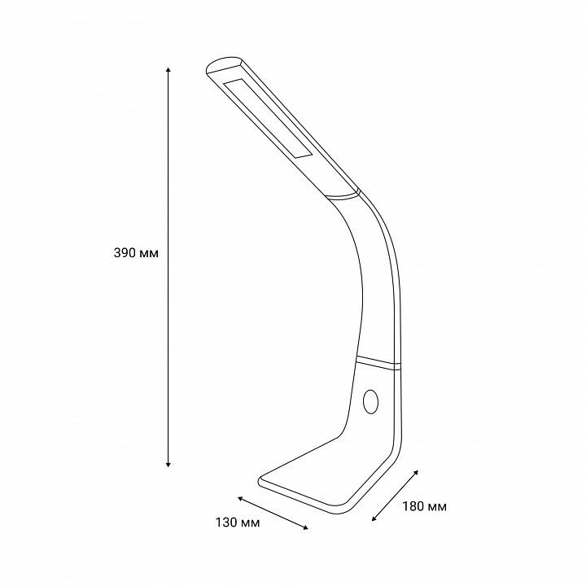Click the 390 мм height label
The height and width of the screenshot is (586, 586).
tap(136, 253)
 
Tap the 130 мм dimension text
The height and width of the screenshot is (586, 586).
tap(238, 522)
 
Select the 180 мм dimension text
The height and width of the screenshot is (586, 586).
tap(424, 506)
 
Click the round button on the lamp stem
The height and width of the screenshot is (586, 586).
tap(370, 402)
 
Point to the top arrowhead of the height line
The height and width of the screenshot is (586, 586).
tap(168, 69)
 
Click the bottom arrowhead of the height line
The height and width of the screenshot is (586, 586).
tap(168, 465)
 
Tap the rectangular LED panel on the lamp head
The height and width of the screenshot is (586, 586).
tap(268, 118)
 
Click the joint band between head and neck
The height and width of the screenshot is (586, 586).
tap(342, 195)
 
